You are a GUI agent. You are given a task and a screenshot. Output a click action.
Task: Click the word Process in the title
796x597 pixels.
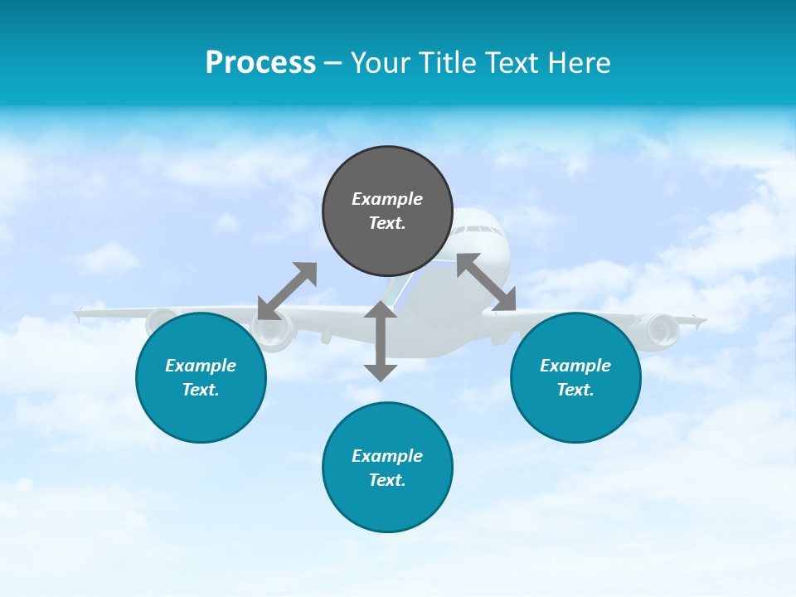260,63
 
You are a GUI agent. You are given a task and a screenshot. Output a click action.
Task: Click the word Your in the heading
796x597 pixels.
381,63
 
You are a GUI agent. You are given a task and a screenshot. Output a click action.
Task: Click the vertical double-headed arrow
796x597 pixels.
381,341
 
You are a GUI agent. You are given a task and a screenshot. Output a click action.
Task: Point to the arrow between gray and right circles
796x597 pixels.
487,283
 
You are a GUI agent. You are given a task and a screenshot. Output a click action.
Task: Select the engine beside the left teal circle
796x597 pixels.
274,330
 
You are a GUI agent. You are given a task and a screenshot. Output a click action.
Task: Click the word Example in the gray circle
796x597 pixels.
387,199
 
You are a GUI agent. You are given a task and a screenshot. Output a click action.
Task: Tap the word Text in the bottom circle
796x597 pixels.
386,480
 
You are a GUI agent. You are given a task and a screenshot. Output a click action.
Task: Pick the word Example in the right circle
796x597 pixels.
575,366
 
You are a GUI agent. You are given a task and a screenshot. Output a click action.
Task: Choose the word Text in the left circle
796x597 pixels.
199,390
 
